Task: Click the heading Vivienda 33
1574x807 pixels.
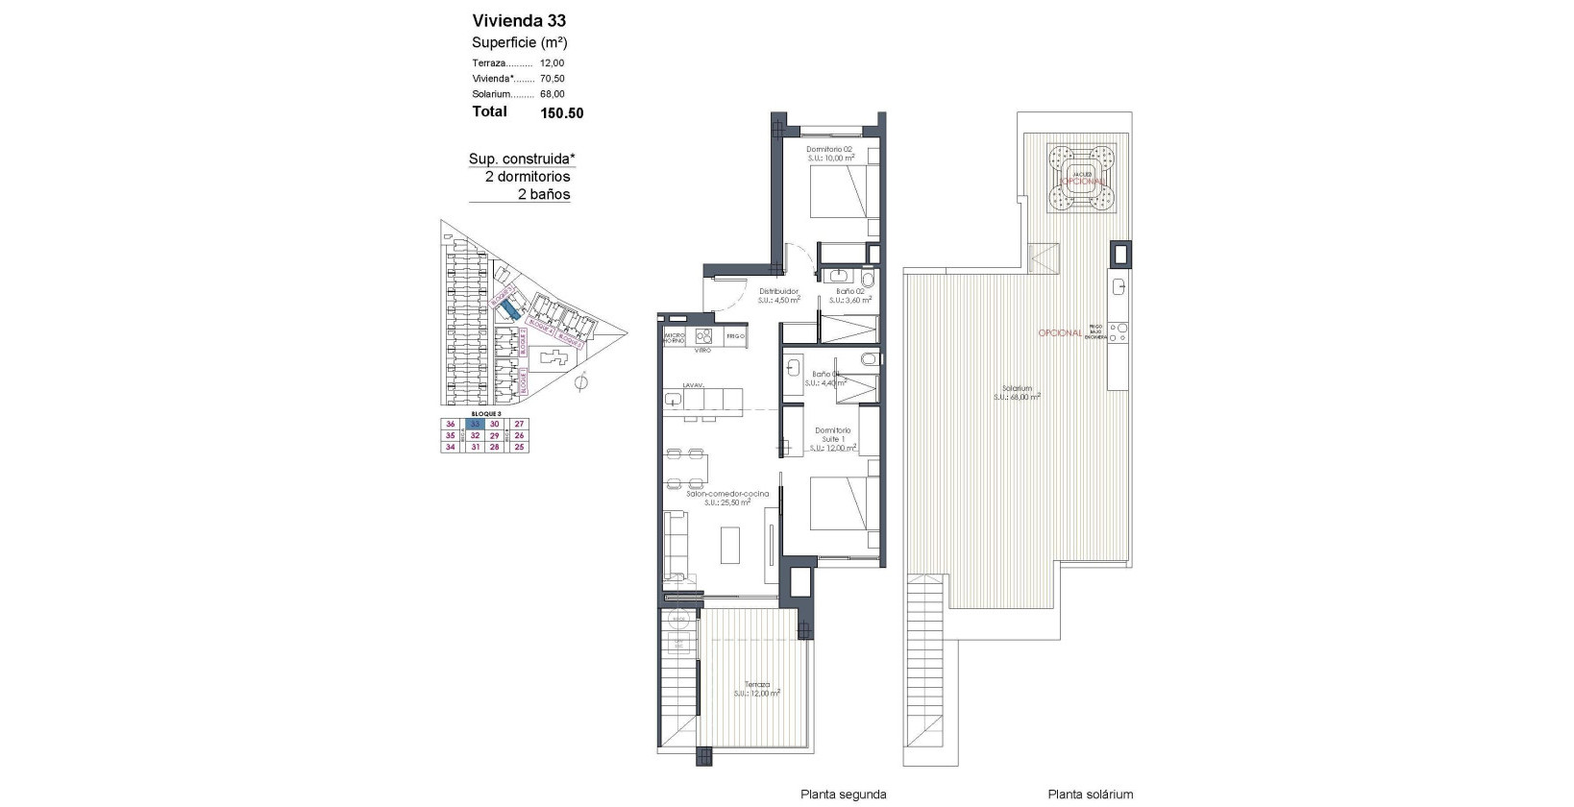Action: pos(519,20)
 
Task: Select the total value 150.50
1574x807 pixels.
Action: pos(561,112)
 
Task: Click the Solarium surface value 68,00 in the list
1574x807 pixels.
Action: pos(553,94)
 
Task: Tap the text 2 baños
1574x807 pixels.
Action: pos(543,194)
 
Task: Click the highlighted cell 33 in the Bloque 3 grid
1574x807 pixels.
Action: pos(473,424)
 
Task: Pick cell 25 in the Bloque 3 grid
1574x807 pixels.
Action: pos(519,447)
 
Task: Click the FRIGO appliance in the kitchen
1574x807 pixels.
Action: pos(735,336)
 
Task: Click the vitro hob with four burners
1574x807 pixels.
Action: pos(703,336)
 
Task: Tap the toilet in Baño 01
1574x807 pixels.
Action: pos(869,360)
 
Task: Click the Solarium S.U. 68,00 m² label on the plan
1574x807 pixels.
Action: pos(1017,392)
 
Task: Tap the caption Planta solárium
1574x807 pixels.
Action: pos(1090,795)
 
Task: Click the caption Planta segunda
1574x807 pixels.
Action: pos(843,795)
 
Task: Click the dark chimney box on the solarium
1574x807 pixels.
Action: pos(1120,255)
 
